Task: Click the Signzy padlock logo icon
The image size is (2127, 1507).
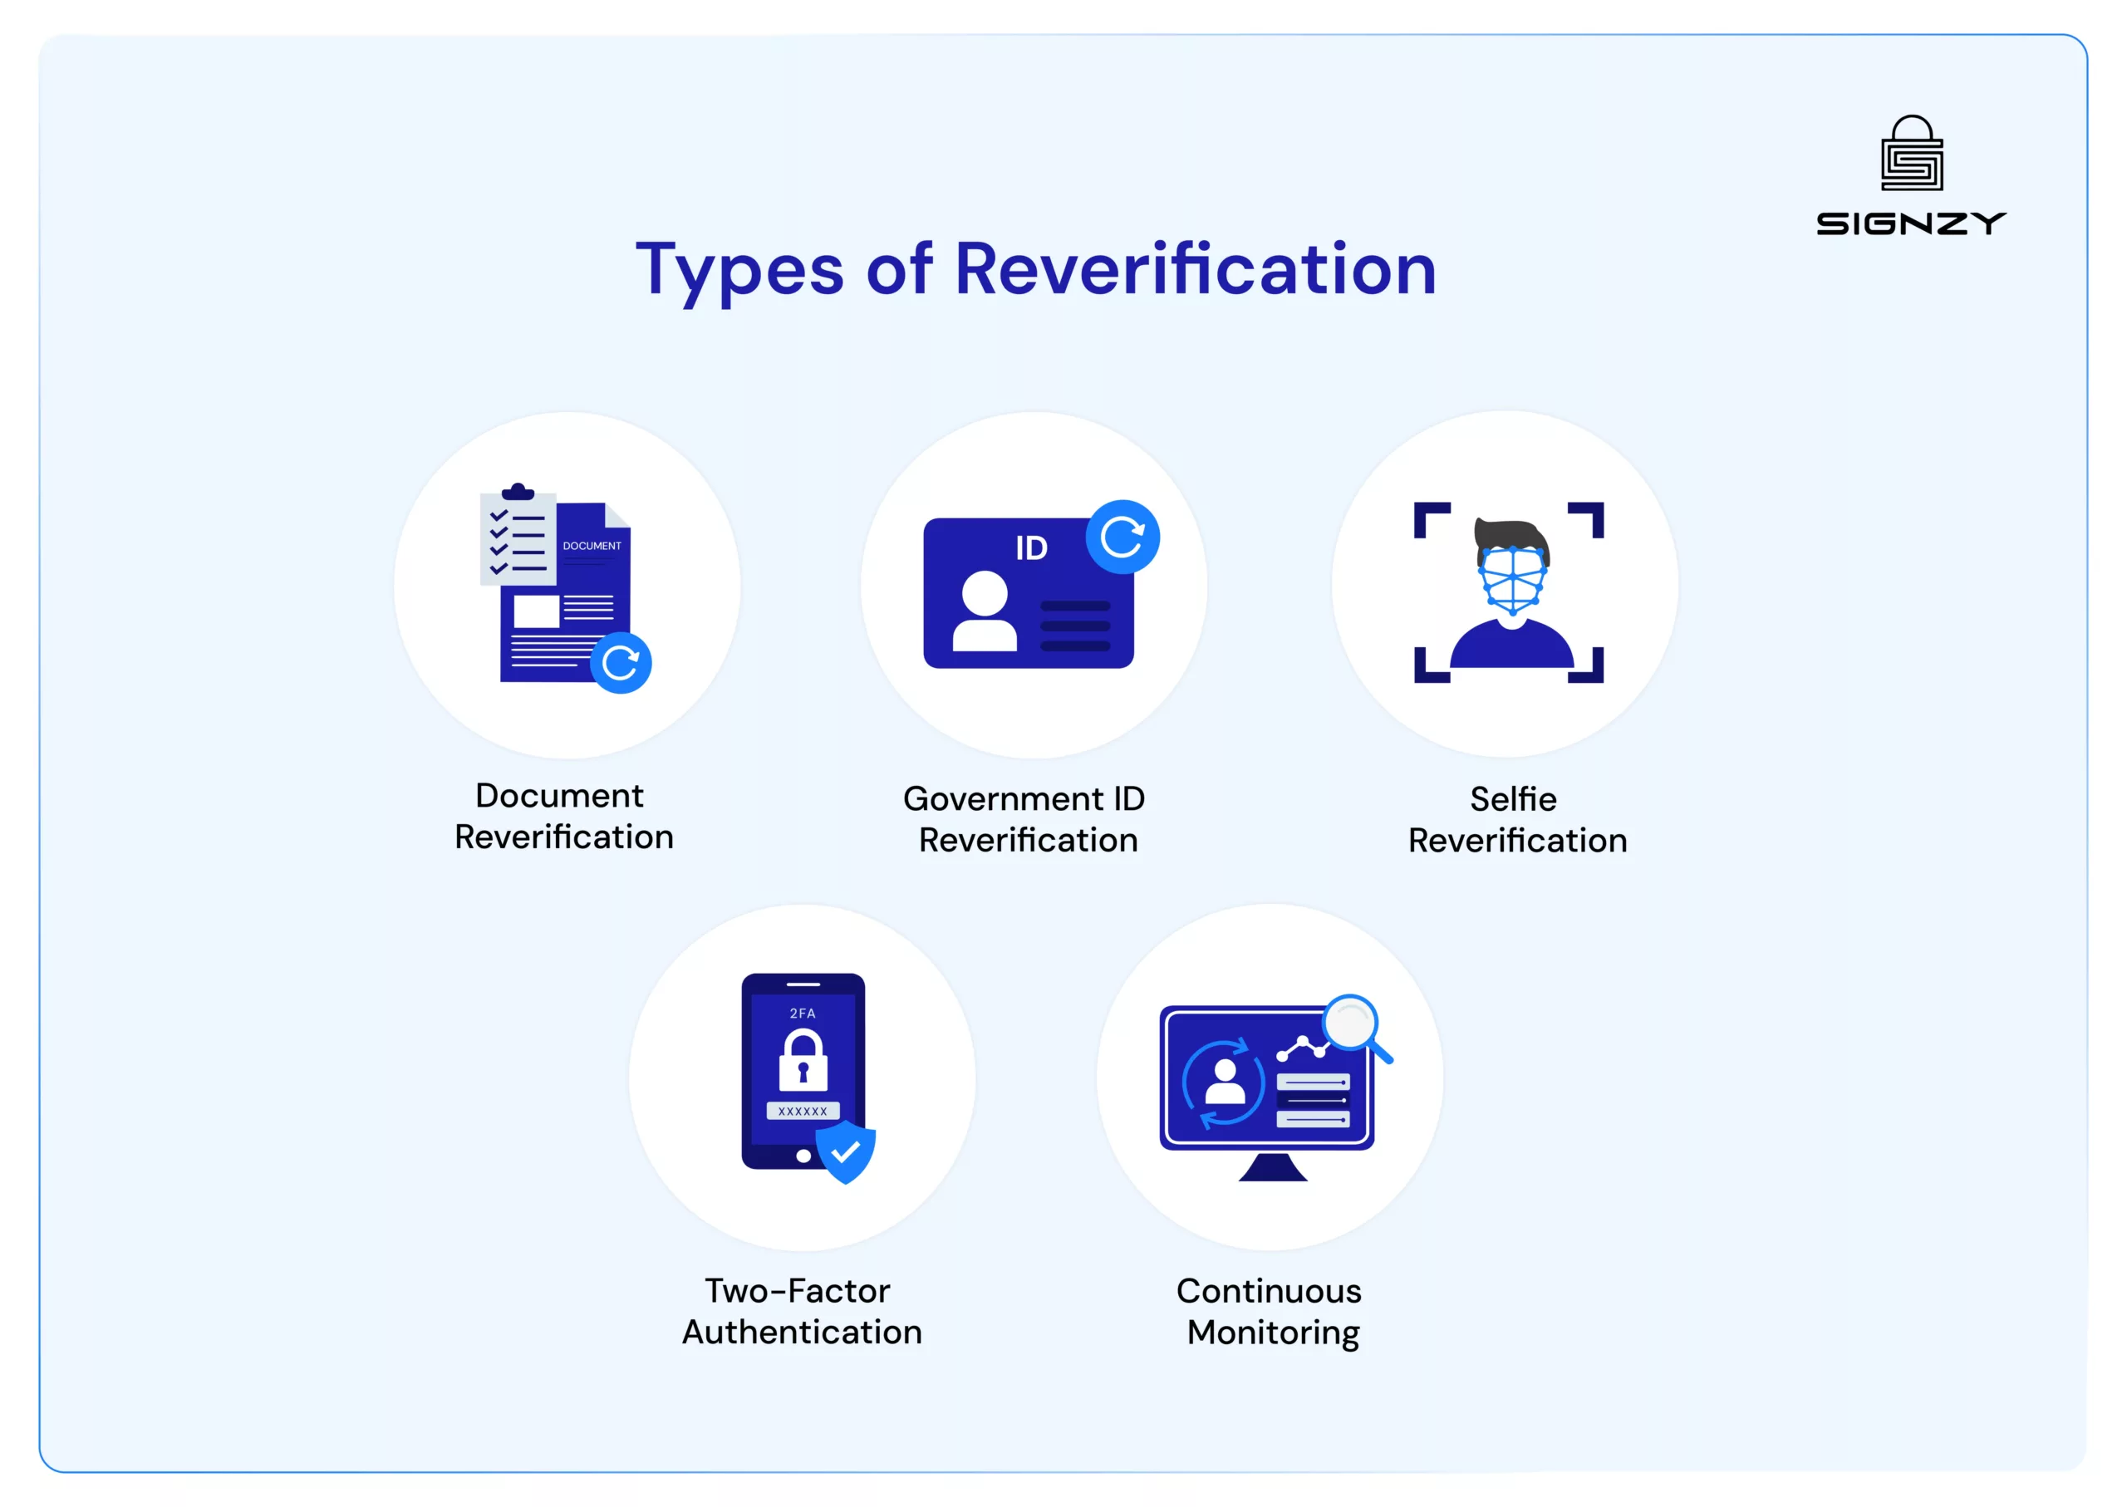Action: point(1912,153)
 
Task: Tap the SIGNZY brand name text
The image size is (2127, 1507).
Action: point(1911,223)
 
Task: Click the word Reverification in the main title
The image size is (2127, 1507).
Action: point(1196,269)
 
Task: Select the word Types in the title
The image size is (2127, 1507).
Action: point(739,272)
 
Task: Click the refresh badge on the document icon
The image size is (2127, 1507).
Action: point(621,663)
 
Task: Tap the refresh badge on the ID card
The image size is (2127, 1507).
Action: point(1122,538)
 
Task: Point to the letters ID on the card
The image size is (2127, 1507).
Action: point(1031,548)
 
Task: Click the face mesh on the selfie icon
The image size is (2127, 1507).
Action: point(1513,580)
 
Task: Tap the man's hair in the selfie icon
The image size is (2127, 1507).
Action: point(1511,538)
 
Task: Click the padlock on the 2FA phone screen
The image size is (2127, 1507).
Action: point(803,1060)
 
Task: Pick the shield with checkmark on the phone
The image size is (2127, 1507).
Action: point(846,1151)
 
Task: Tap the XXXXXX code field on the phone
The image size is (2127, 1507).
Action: point(803,1111)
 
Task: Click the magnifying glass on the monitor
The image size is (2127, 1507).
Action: point(1358,1028)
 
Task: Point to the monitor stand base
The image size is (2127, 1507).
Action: point(1272,1167)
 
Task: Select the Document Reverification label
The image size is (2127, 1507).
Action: point(563,817)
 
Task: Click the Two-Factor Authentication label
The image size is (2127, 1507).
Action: point(802,1311)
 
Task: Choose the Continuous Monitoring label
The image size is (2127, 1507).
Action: point(1270,1312)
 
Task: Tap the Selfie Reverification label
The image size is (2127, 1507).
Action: point(1517,819)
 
